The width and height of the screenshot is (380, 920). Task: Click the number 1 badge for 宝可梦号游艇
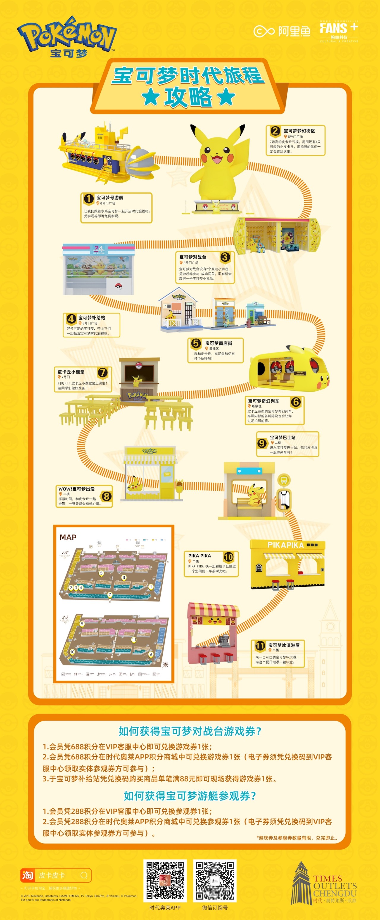88,198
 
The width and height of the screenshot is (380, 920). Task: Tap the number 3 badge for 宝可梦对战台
225,257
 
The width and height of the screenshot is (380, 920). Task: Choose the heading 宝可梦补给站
92,318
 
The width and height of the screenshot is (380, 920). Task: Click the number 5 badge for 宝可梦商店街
196,343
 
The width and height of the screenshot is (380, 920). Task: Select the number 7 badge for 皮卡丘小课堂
103,372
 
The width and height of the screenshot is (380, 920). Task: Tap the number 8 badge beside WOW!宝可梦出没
106,496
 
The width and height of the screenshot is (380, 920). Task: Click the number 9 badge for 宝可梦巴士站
262,443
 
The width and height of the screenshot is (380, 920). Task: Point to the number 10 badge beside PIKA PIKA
228,557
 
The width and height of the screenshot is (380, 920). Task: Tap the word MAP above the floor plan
68,537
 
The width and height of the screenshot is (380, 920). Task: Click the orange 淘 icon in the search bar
28,875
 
